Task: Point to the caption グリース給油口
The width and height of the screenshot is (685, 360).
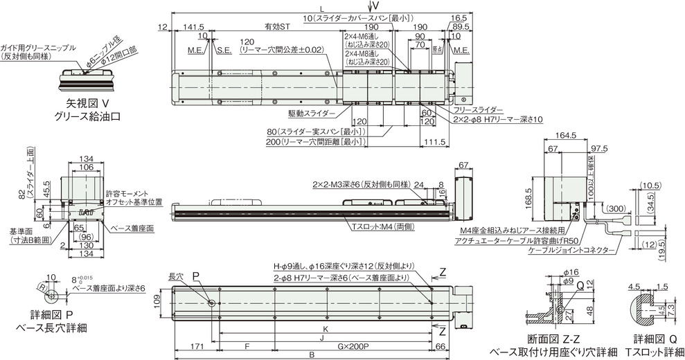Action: [86, 117]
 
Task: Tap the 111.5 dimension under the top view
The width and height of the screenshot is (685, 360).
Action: [435, 143]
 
